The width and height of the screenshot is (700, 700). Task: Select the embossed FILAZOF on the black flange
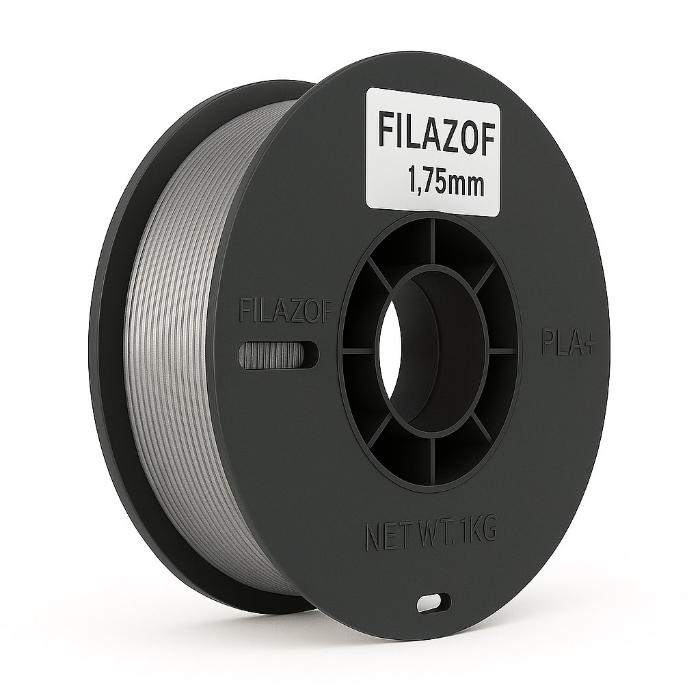coord(286,310)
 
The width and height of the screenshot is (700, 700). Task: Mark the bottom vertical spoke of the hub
coord(432,456)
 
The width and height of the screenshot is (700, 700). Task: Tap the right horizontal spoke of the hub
coord(503,351)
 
